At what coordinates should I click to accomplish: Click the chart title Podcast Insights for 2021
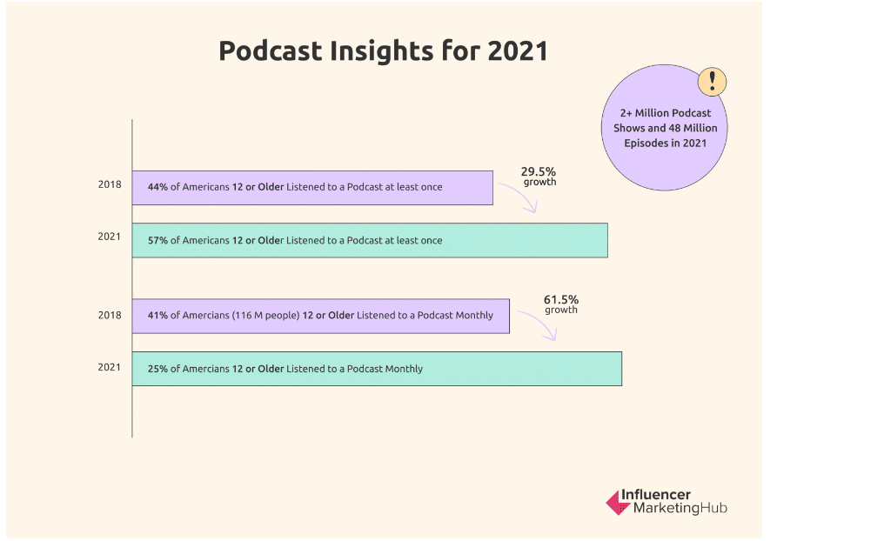(x=383, y=51)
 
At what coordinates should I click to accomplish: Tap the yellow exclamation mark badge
(x=712, y=82)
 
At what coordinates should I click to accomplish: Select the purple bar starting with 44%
(x=312, y=188)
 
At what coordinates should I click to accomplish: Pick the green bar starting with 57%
(x=370, y=241)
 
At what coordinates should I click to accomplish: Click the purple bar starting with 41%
(x=321, y=316)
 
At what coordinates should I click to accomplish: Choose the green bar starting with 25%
(x=377, y=369)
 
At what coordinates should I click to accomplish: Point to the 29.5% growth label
(x=539, y=176)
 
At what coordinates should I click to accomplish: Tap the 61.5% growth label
(x=561, y=304)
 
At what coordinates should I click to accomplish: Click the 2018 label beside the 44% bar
(x=110, y=184)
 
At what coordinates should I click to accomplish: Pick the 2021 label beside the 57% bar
(x=110, y=237)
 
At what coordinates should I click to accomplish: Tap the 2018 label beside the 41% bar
(x=110, y=315)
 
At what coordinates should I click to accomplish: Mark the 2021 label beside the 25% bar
(x=110, y=367)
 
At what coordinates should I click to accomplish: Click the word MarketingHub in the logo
(x=680, y=508)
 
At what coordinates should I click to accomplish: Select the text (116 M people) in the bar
(x=265, y=316)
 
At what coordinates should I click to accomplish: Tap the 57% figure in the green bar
(x=157, y=241)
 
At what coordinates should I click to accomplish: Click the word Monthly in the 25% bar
(x=404, y=369)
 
